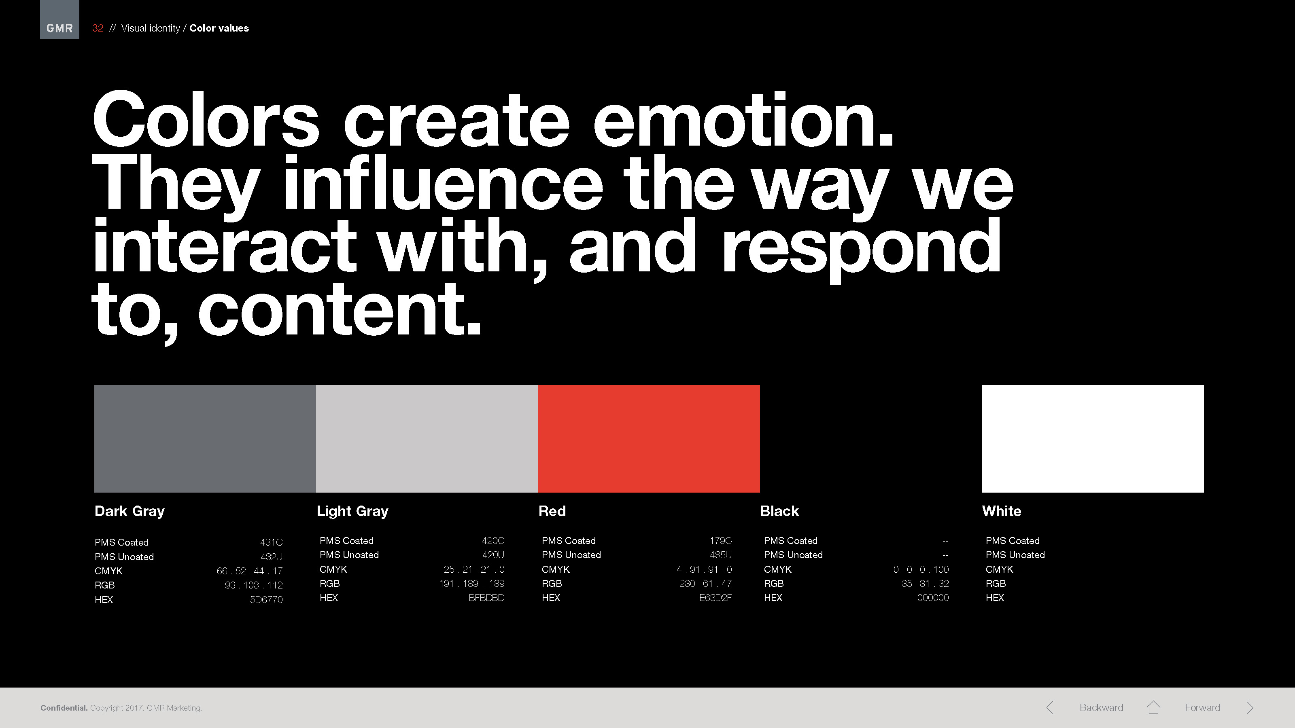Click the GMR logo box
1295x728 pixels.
pyautogui.click(x=59, y=19)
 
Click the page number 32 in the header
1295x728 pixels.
pyautogui.click(x=98, y=28)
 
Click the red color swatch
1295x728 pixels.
pyautogui.click(x=648, y=438)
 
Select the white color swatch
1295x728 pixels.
pyautogui.click(x=1092, y=438)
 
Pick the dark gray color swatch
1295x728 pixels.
pyautogui.click(x=205, y=438)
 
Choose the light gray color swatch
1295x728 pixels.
pyautogui.click(x=427, y=438)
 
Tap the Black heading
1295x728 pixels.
pyautogui.click(x=779, y=511)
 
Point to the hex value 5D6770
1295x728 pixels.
pyautogui.click(x=266, y=599)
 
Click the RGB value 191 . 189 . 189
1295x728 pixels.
pyautogui.click(x=471, y=583)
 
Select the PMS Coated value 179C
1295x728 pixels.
pyautogui.click(x=720, y=541)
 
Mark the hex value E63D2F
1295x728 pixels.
pyautogui.click(x=715, y=597)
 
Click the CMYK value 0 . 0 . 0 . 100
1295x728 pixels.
pyautogui.click(x=921, y=569)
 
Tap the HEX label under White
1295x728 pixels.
pyautogui.click(x=994, y=597)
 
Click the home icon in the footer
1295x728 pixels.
pyautogui.click(x=1153, y=707)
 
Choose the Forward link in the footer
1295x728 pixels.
pyautogui.click(x=1202, y=707)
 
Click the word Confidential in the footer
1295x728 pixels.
pyautogui.click(x=64, y=708)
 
